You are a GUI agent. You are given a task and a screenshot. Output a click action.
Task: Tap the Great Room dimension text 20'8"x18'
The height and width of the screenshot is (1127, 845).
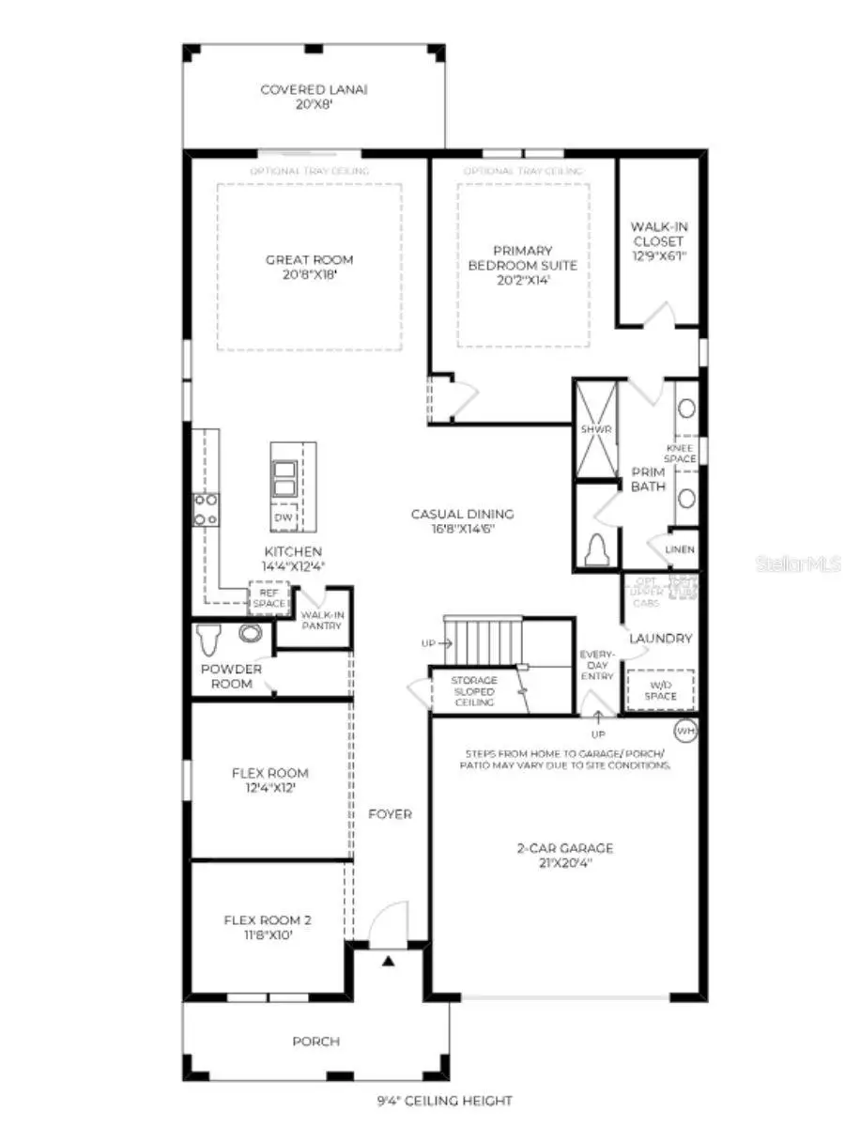pos(309,275)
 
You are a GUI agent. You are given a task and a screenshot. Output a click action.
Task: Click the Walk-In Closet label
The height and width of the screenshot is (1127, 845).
pos(658,240)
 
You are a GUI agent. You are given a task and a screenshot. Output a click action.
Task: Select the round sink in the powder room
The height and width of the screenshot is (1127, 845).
pos(250,633)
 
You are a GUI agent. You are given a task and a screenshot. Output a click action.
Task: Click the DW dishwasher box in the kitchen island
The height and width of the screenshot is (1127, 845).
pos(284,518)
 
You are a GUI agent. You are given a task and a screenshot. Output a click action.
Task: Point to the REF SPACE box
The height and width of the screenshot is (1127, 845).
pos(268,598)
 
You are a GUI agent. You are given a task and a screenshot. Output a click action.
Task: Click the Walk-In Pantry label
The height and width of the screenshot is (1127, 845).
pos(322,620)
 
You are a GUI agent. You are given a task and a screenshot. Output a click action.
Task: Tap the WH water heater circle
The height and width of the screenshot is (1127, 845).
pos(685,730)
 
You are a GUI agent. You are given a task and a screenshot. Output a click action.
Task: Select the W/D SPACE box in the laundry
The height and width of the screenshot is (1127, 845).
pos(660,690)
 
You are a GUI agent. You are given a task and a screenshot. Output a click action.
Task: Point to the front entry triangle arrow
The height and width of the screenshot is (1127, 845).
pos(387,961)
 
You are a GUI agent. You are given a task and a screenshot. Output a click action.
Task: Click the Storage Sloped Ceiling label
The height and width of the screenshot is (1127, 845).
pos(473,691)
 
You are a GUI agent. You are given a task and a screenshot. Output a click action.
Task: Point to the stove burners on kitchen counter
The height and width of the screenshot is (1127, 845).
pos(206,509)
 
